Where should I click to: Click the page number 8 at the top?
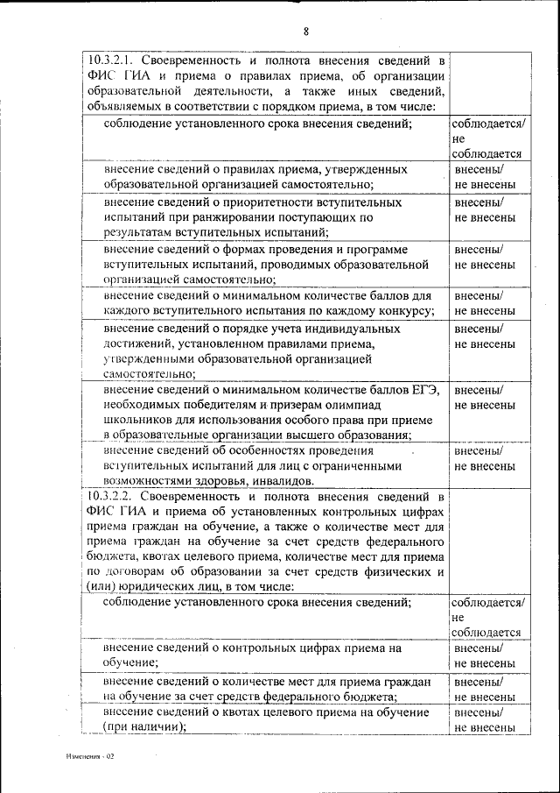pyautogui.click(x=306, y=32)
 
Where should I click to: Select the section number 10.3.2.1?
pyautogui.click(x=113, y=61)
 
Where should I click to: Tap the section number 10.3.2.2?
pyautogui.click(x=113, y=496)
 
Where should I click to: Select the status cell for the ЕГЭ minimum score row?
pyautogui.click(x=485, y=398)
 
